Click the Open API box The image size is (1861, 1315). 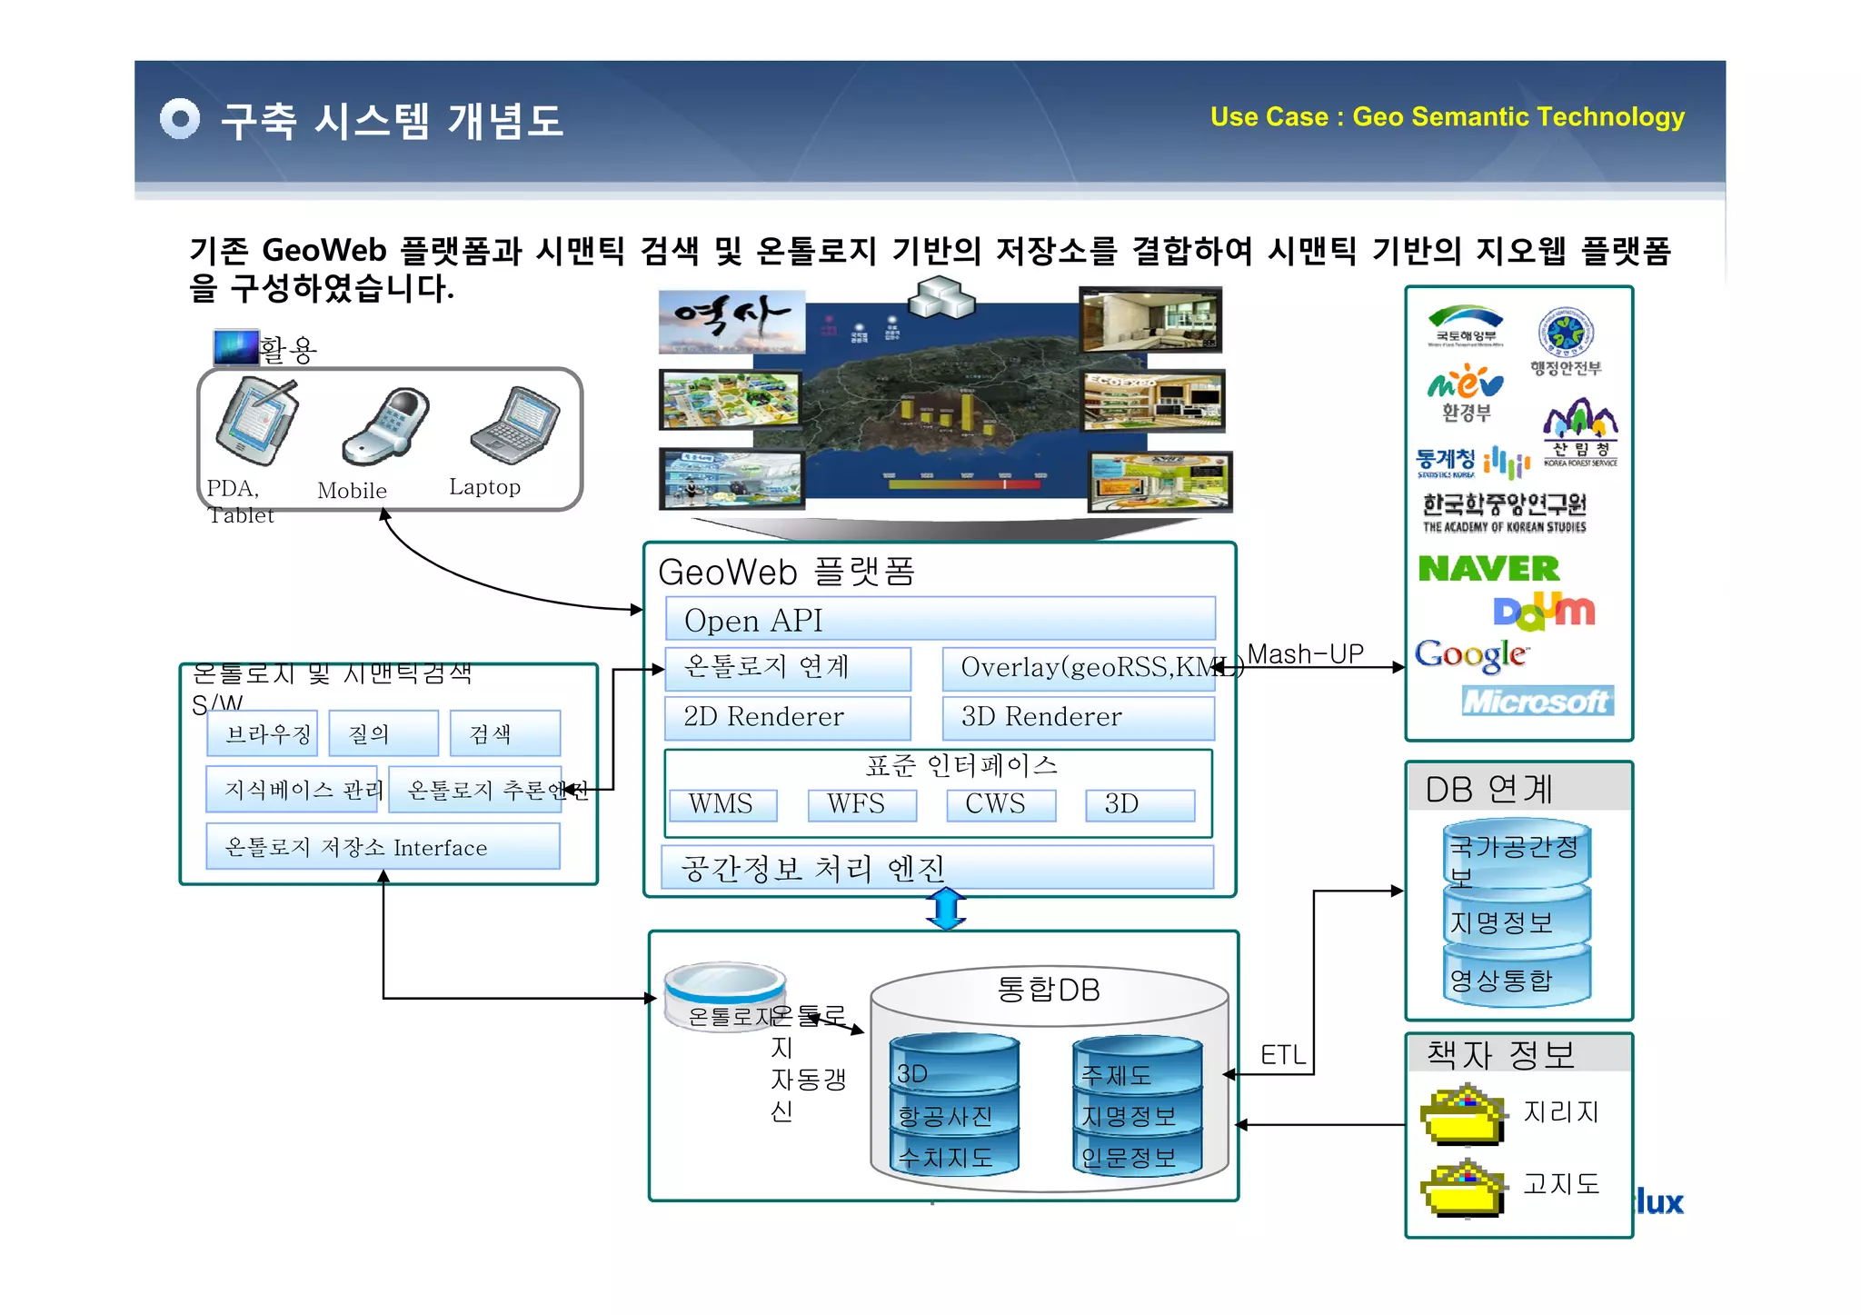940,620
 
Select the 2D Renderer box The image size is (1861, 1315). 787,717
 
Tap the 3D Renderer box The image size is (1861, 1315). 1078,717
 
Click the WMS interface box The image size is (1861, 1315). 722,804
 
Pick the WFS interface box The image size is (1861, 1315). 861,804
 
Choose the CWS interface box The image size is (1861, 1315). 1000,804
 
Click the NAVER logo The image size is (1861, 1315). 1488,569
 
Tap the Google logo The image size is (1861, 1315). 1471,654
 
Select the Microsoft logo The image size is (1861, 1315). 1538,701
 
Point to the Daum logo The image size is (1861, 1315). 1544,611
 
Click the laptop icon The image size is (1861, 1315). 515,424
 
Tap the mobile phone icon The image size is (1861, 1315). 386,426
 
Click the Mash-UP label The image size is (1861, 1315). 1305,653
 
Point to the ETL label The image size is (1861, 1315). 1283,1055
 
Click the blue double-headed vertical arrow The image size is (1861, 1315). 946,909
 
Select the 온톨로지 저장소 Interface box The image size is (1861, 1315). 383,847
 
